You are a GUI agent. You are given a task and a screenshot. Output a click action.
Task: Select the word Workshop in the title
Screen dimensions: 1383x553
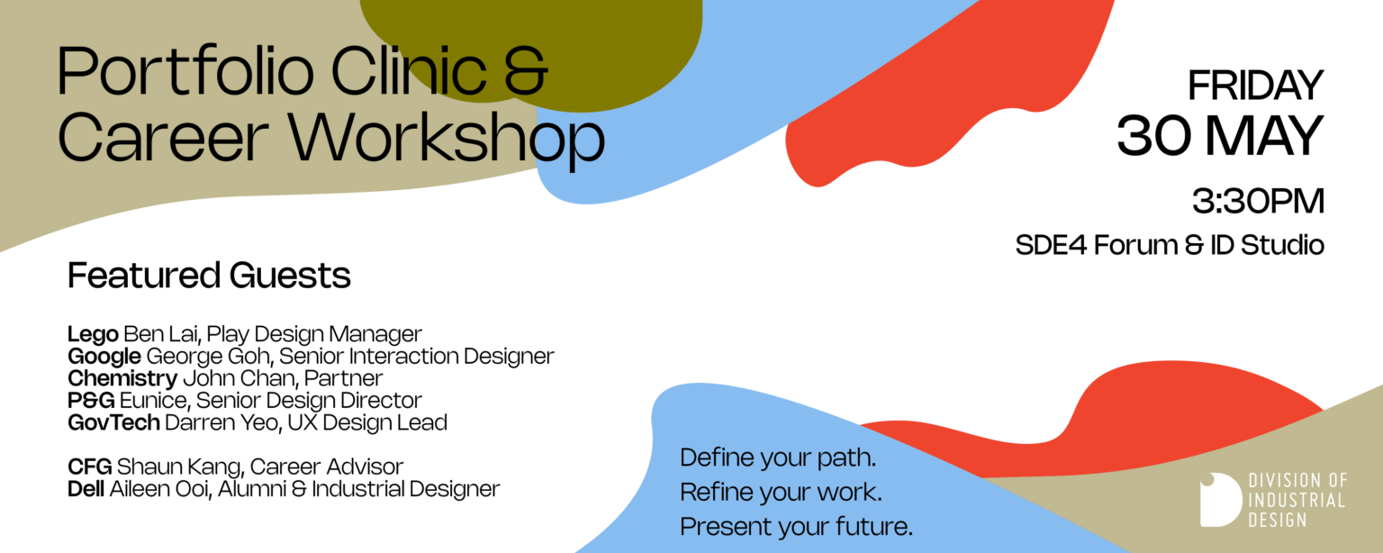click(x=447, y=140)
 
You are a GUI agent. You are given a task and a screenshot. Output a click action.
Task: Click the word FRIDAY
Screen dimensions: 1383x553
click(x=1255, y=86)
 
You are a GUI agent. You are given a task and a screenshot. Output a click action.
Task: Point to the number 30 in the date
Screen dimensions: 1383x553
click(x=1153, y=135)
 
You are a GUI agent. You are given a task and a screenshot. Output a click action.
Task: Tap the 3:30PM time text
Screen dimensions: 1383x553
click(x=1258, y=201)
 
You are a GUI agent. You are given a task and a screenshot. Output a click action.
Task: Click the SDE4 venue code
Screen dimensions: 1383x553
click(x=1051, y=245)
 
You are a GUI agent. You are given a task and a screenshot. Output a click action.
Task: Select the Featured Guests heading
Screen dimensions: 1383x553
click(x=209, y=275)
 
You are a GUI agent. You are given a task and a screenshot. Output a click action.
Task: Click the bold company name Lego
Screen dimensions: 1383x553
click(x=93, y=334)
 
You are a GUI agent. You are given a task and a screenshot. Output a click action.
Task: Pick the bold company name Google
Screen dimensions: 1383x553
click(x=104, y=357)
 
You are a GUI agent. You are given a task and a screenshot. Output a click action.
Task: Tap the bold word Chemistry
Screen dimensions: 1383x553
click(x=122, y=378)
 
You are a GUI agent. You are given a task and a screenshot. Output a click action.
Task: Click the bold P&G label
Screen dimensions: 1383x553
click(x=91, y=401)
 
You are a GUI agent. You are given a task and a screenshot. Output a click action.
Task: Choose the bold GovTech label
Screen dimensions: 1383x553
click(x=113, y=422)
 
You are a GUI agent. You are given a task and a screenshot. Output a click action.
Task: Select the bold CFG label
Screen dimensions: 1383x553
click(x=89, y=467)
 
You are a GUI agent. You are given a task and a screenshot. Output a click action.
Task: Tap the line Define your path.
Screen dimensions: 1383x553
click(x=778, y=458)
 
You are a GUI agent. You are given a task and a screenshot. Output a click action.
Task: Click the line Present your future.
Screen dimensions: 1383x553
click(x=797, y=527)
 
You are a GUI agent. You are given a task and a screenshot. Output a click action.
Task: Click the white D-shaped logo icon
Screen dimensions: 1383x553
click(x=1221, y=500)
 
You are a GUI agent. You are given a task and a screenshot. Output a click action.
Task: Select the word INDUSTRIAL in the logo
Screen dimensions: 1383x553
click(x=1297, y=500)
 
